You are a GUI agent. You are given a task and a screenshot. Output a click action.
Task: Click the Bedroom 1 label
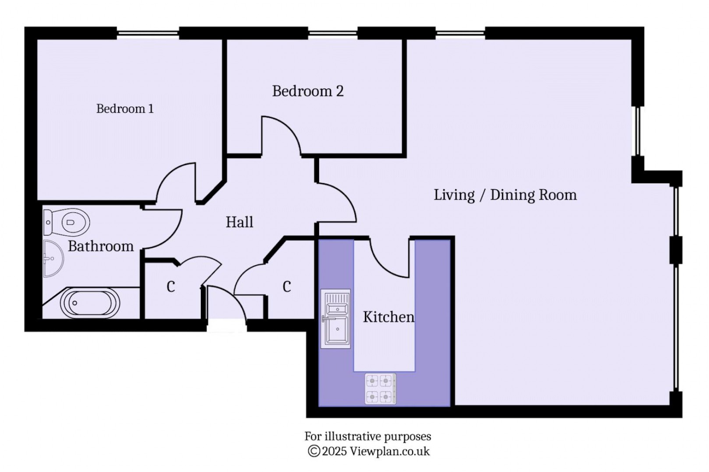coord(125,108)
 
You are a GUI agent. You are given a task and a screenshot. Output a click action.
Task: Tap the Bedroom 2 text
coord(308,91)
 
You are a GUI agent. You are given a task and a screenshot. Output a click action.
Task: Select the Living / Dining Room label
coord(505,194)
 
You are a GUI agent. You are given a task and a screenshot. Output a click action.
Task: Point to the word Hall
coord(239,222)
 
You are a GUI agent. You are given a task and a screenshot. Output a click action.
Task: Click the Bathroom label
coord(101,246)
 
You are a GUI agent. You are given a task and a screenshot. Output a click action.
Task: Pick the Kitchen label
coord(388,317)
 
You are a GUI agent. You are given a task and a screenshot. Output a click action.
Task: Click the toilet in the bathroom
coord(67,222)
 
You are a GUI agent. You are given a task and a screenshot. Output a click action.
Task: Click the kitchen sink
coord(336,319)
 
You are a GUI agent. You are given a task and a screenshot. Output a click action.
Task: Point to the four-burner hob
coord(380,389)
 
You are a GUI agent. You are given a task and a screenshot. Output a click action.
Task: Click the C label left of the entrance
coord(171,287)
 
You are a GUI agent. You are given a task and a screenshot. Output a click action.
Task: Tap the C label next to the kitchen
coord(287,287)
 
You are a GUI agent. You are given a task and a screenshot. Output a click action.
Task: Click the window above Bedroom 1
coord(148,33)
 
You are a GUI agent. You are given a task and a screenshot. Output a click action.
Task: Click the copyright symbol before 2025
coord(314,451)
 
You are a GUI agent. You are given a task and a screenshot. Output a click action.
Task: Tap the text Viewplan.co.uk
coord(390,451)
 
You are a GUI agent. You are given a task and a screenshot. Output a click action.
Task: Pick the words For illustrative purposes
coord(368,436)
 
